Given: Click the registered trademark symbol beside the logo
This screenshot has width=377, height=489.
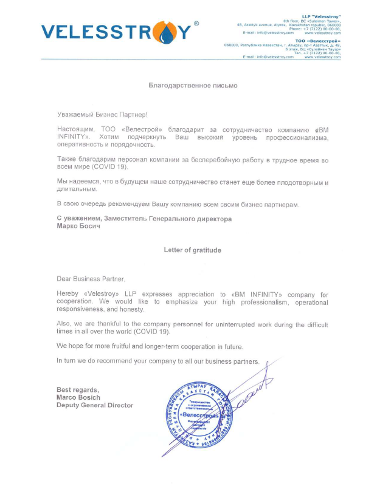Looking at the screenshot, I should (x=196, y=23).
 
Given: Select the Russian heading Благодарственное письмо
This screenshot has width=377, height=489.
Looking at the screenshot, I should (x=193, y=86).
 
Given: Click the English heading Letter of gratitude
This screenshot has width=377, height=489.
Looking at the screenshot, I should (x=192, y=250).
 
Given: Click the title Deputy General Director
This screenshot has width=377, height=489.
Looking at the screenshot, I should (x=94, y=405).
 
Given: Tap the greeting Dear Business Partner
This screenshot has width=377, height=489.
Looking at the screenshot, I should (x=91, y=279).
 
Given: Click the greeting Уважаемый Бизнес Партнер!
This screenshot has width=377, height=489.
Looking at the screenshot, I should (x=102, y=114).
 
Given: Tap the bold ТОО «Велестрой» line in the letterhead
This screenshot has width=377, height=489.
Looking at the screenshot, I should (x=321, y=40).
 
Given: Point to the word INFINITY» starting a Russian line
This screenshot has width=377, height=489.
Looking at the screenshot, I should (x=75, y=138).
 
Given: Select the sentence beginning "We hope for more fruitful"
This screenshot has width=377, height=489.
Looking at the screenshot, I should (x=150, y=346).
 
